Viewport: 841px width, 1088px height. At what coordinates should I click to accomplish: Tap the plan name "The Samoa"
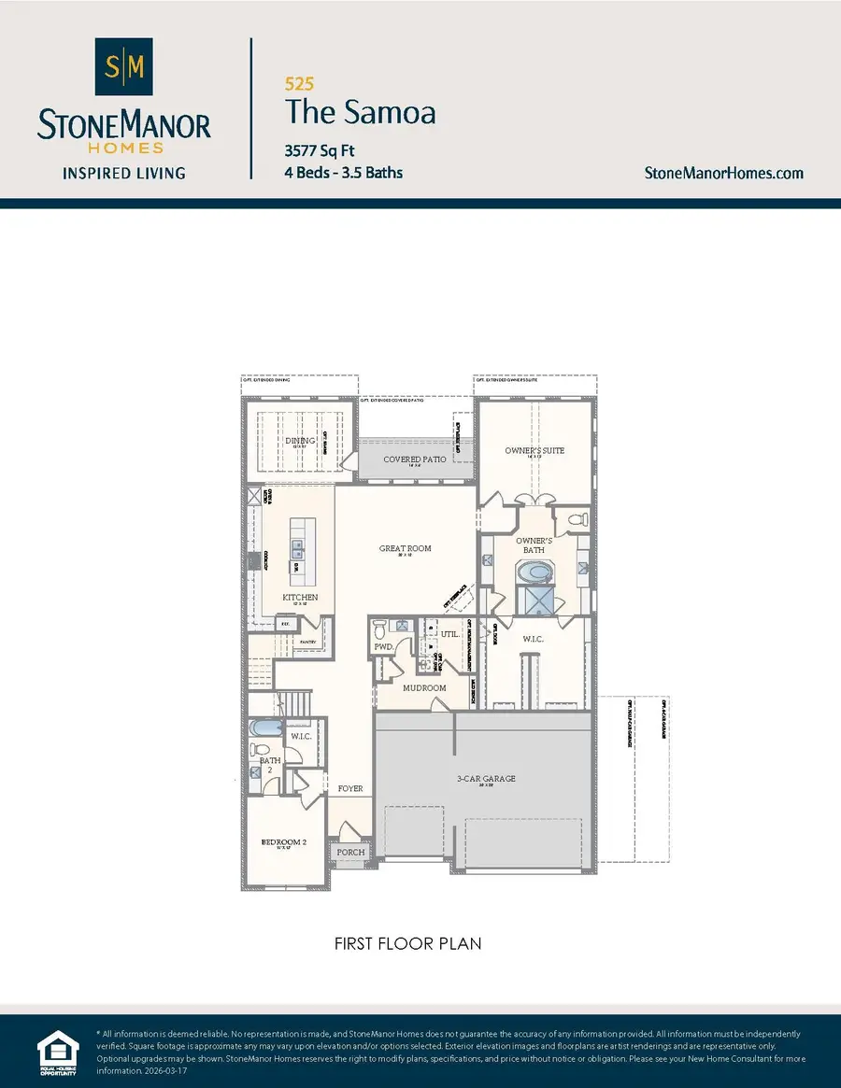click(x=360, y=112)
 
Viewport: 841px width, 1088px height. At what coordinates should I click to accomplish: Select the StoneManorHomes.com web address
click(x=724, y=173)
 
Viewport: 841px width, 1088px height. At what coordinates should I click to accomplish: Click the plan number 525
click(x=298, y=83)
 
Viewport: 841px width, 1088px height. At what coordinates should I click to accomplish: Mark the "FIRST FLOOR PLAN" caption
click(x=408, y=943)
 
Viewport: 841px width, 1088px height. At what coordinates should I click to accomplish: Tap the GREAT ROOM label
click(x=405, y=548)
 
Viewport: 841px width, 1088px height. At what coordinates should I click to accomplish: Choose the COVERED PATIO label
click(x=415, y=459)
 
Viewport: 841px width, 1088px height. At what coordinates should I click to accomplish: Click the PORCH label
click(x=350, y=852)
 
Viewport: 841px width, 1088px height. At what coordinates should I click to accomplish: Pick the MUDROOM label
click(x=423, y=688)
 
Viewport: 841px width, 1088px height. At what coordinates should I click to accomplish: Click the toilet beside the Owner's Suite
click(x=576, y=518)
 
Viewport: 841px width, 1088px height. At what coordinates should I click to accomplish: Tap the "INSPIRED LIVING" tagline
click(x=123, y=173)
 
